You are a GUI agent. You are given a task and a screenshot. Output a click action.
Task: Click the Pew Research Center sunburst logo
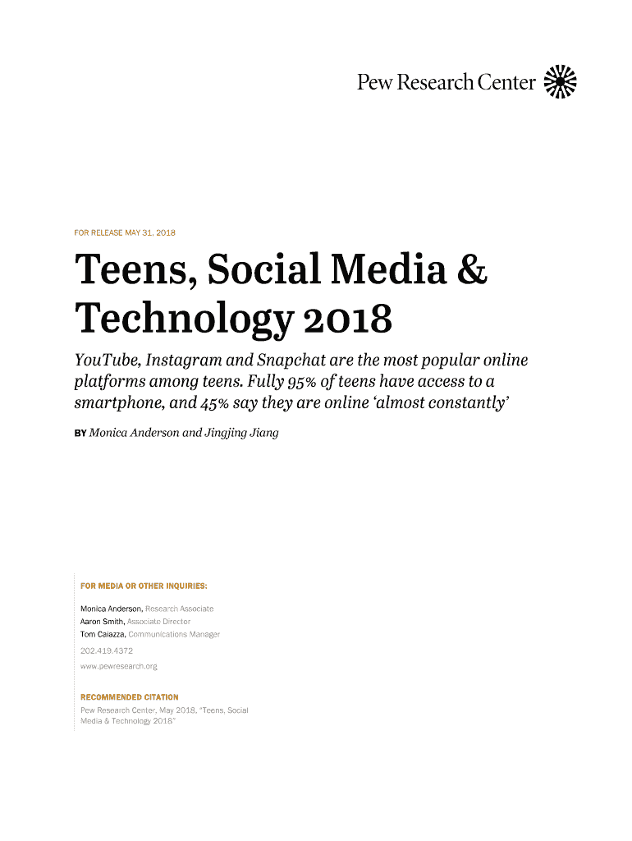[561, 81]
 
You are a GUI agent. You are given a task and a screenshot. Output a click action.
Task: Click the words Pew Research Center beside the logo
[446, 82]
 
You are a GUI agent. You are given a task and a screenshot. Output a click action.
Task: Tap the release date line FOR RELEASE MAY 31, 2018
[127, 232]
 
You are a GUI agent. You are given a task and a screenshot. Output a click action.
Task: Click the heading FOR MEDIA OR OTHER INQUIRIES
[144, 586]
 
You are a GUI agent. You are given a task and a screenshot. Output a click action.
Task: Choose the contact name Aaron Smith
[103, 622]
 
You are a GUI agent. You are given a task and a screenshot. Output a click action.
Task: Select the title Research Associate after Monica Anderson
[180, 609]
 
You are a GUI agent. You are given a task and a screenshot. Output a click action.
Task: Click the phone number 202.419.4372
[107, 650]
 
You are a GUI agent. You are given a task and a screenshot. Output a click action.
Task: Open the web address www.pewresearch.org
[119, 666]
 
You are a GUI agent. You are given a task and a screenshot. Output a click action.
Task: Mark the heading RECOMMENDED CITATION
[129, 697]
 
